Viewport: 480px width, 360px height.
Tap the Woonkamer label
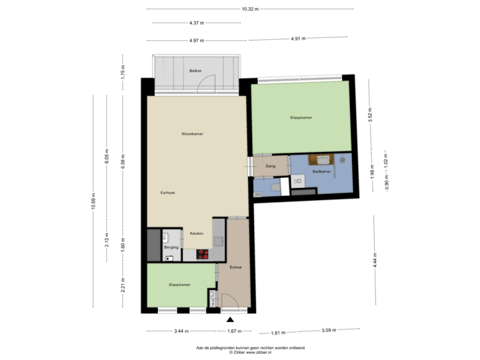click(x=192, y=134)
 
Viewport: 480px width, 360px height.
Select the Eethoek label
click(x=167, y=193)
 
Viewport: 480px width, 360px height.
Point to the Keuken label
click(x=197, y=233)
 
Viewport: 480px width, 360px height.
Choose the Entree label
click(x=235, y=267)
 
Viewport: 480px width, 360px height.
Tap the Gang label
click(x=271, y=166)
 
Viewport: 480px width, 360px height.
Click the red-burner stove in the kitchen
click(x=202, y=254)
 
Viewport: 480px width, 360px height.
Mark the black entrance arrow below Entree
click(x=231, y=321)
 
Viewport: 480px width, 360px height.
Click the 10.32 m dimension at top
click(x=251, y=9)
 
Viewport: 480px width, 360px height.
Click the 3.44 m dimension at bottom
click(x=181, y=331)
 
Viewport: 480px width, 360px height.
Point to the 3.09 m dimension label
click(x=329, y=330)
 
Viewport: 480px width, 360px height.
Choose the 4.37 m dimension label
click(x=196, y=23)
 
